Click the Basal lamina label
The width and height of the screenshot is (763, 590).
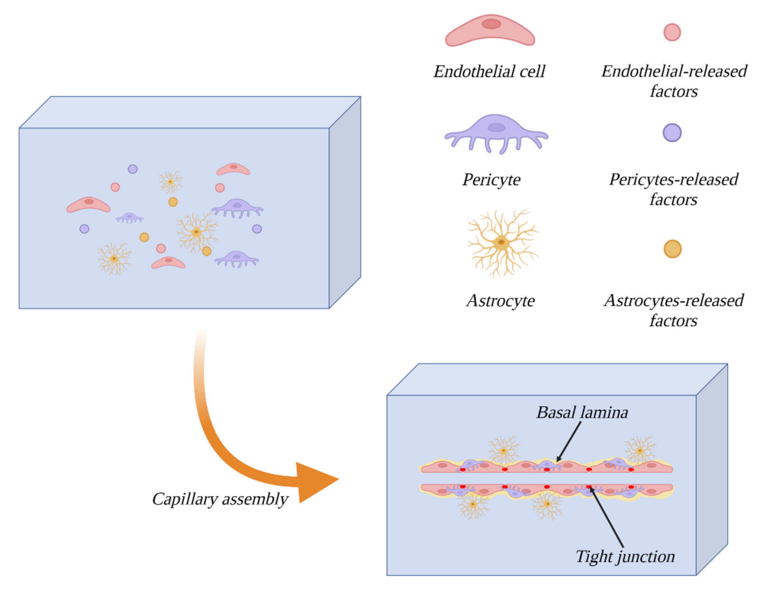[582, 412]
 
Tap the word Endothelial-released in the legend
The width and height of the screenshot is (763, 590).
[674, 71]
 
